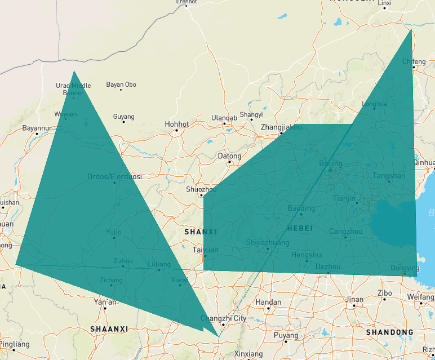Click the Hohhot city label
[176, 124]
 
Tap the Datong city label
[229, 156]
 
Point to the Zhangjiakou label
[281, 127]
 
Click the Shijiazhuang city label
[268, 243]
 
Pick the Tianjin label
[344, 198]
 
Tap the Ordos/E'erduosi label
[114, 176]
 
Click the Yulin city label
[114, 232]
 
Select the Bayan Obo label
[121, 85]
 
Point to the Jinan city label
[354, 299]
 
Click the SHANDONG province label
[389, 332]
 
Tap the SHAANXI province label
[109, 328]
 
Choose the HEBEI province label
[299, 228]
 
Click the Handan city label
[268, 303]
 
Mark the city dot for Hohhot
[176, 131]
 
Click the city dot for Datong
[229, 163]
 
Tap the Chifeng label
[414, 61]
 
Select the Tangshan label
[389, 176]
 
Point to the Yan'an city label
[105, 302]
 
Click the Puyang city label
[286, 335]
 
